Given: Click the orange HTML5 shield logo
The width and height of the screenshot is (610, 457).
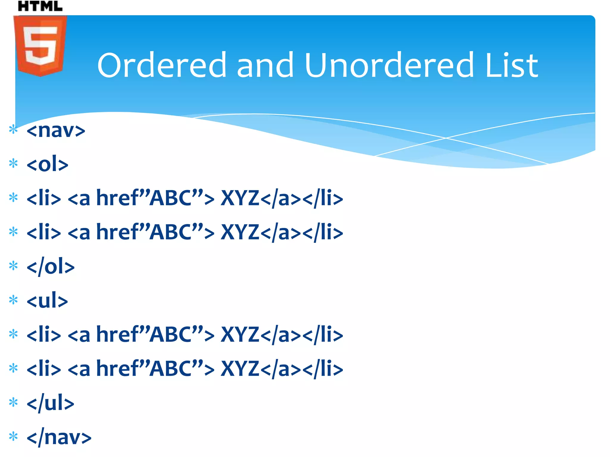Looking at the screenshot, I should [40, 46].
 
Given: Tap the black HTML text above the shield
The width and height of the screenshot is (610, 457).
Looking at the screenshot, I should [40, 6].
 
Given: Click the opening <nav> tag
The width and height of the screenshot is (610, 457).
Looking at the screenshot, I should [56, 130].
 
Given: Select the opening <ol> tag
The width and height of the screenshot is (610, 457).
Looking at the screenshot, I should [47, 164].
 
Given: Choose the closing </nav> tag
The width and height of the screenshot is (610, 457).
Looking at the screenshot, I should [59, 437].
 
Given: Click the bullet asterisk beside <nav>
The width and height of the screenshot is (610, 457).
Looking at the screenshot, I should [13, 129].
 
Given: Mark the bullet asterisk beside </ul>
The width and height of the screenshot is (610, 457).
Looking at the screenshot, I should [13, 403].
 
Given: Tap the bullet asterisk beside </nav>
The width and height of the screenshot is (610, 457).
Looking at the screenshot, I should [13, 437].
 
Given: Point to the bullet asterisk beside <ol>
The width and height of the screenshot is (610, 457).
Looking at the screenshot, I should [13, 163].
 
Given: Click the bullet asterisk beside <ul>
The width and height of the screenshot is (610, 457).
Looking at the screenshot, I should [13, 300].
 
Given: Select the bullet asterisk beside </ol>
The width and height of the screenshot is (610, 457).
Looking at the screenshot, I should [13, 266].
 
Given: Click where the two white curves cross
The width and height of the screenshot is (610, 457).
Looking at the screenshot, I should [446, 138].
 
